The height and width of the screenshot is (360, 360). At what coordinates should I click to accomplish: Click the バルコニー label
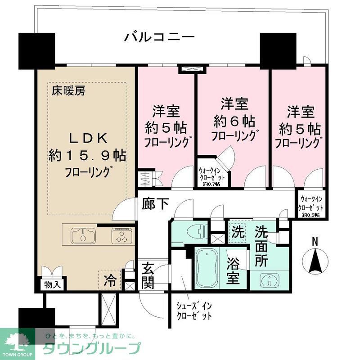click(159, 36)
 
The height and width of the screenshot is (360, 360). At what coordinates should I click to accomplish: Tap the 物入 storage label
click(49, 285)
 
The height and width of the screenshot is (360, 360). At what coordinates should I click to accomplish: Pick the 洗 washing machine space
click(237, 233)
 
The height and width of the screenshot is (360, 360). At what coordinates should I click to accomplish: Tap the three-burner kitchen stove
click(121, 235)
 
